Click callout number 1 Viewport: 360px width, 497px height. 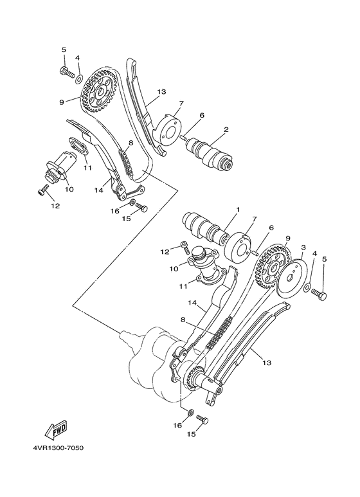(237, 210)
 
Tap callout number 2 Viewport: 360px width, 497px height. (225, 129)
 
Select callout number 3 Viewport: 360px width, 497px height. (302, 247)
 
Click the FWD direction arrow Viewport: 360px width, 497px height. (57, 428)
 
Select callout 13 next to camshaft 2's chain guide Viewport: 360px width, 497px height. (161, 92)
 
